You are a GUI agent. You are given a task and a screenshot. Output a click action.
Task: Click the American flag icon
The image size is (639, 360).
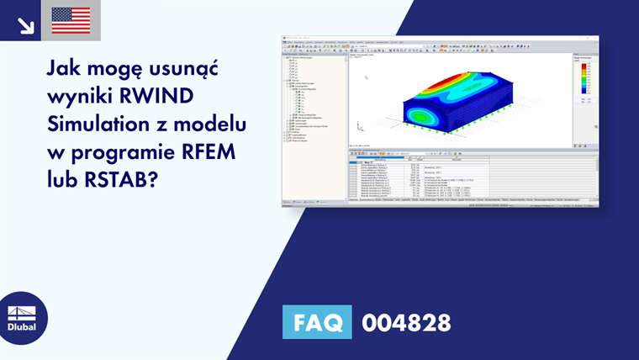[x=71, y=20]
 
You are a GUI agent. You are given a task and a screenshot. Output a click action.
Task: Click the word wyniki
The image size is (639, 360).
[x=83, y=98]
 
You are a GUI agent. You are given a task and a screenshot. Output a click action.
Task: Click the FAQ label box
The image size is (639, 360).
[x=317, y=322]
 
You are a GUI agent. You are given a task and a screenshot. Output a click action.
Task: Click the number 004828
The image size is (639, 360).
[x=406, y=322]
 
